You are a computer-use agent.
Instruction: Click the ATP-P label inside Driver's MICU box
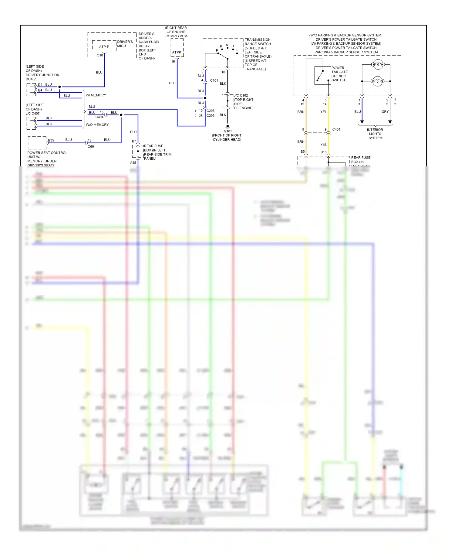pyautogui.click(x=104, y=47)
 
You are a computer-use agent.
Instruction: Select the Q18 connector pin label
pyautogui.click(x=100, y=55)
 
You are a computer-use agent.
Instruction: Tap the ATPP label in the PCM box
pyautogui.click(x=177, y=52)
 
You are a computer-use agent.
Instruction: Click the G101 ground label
pyautogui.click(x=227, y=131)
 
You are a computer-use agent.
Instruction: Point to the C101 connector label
pyautogui.click(x=214, y=80)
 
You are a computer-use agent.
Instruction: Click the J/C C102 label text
pyautogui.click(x=241, y=95)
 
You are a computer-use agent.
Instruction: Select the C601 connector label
pyautogui.click(x=92, y=147)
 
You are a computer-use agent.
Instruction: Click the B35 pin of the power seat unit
pyautogui.click(x=51, y=140)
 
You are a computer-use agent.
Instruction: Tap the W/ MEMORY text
pyautogui.click(x=96, y=95)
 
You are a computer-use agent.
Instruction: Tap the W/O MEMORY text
pyautogui.click(x=97, y=125)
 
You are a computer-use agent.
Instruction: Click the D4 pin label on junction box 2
pyautogui.click(x=40, y=85)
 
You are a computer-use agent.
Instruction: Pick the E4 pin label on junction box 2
pyautogui.click(x=40, y=90)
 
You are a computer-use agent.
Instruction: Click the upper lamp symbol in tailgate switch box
pyautogui.click(x=378, y=64)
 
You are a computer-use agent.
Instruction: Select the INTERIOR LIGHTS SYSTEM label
pyautogui.click(x=375, y=134)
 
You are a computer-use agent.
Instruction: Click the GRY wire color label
pyautogui.click(x=385, y=112)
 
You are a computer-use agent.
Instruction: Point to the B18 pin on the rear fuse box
pyautogui.click(x=323, y=152)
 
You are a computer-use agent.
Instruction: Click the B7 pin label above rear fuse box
pyautogui.click(x=134, y=141)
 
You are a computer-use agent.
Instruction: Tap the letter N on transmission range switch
pyautogui.click(x=227, y=45)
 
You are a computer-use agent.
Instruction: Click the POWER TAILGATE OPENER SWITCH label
pyautogui.click(x=339, y=74)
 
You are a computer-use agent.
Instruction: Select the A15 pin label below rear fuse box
pyautogui.click(x=133, y=163)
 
